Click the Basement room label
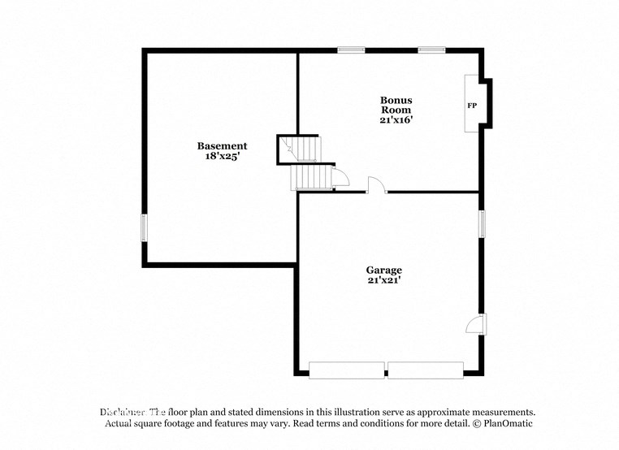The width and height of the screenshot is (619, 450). point(222,146)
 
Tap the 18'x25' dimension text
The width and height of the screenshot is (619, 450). point(222,156)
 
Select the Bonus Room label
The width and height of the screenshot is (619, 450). point(396,105)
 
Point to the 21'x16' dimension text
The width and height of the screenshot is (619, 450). point(396,119)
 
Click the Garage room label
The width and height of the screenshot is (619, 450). point(383,270)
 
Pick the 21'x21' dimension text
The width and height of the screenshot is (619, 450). point(383,280)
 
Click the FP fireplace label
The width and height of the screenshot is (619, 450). point(471,106)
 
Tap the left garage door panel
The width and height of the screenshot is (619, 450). point(347,370)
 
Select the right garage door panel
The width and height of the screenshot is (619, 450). point(425,370)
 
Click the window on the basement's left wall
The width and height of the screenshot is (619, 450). point(144,227)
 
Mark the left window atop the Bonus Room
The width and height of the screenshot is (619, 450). point(350,50)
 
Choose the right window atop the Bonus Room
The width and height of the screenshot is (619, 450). point(431,50)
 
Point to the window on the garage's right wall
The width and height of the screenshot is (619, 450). point(481,223)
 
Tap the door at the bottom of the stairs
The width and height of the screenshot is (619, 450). point(341,176)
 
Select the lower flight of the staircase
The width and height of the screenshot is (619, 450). point(312,176)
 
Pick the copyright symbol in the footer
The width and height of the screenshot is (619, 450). point(468,424)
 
